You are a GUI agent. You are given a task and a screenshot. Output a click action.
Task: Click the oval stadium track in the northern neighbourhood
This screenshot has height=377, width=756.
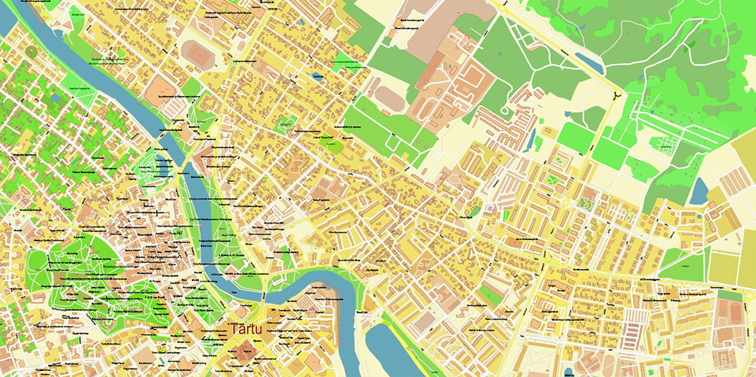pos(198,52)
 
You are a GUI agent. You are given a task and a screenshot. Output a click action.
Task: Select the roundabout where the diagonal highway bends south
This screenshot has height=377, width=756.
pos(617,95)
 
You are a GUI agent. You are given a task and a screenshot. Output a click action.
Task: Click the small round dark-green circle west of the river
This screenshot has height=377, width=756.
pos(30,51)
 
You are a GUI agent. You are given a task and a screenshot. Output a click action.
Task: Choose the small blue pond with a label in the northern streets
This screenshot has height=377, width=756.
pos(317,76)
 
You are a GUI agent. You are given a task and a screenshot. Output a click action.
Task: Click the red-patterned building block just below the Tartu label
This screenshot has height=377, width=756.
pos(244,351)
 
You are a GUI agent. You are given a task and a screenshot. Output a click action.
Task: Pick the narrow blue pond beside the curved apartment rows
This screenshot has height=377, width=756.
pos(534,138)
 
